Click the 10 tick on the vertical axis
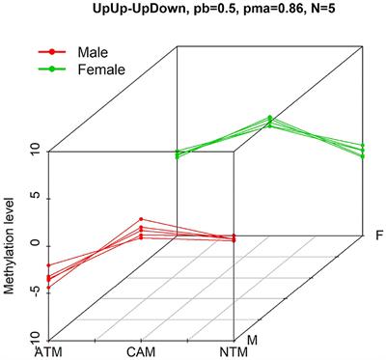tap(33, 151)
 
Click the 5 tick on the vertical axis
tap(33, 197)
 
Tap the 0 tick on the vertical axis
tap(33, 243)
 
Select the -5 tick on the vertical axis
tap(33, 290)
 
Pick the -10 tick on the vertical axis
tap(33, 335)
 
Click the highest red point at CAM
tap(141, 219)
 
